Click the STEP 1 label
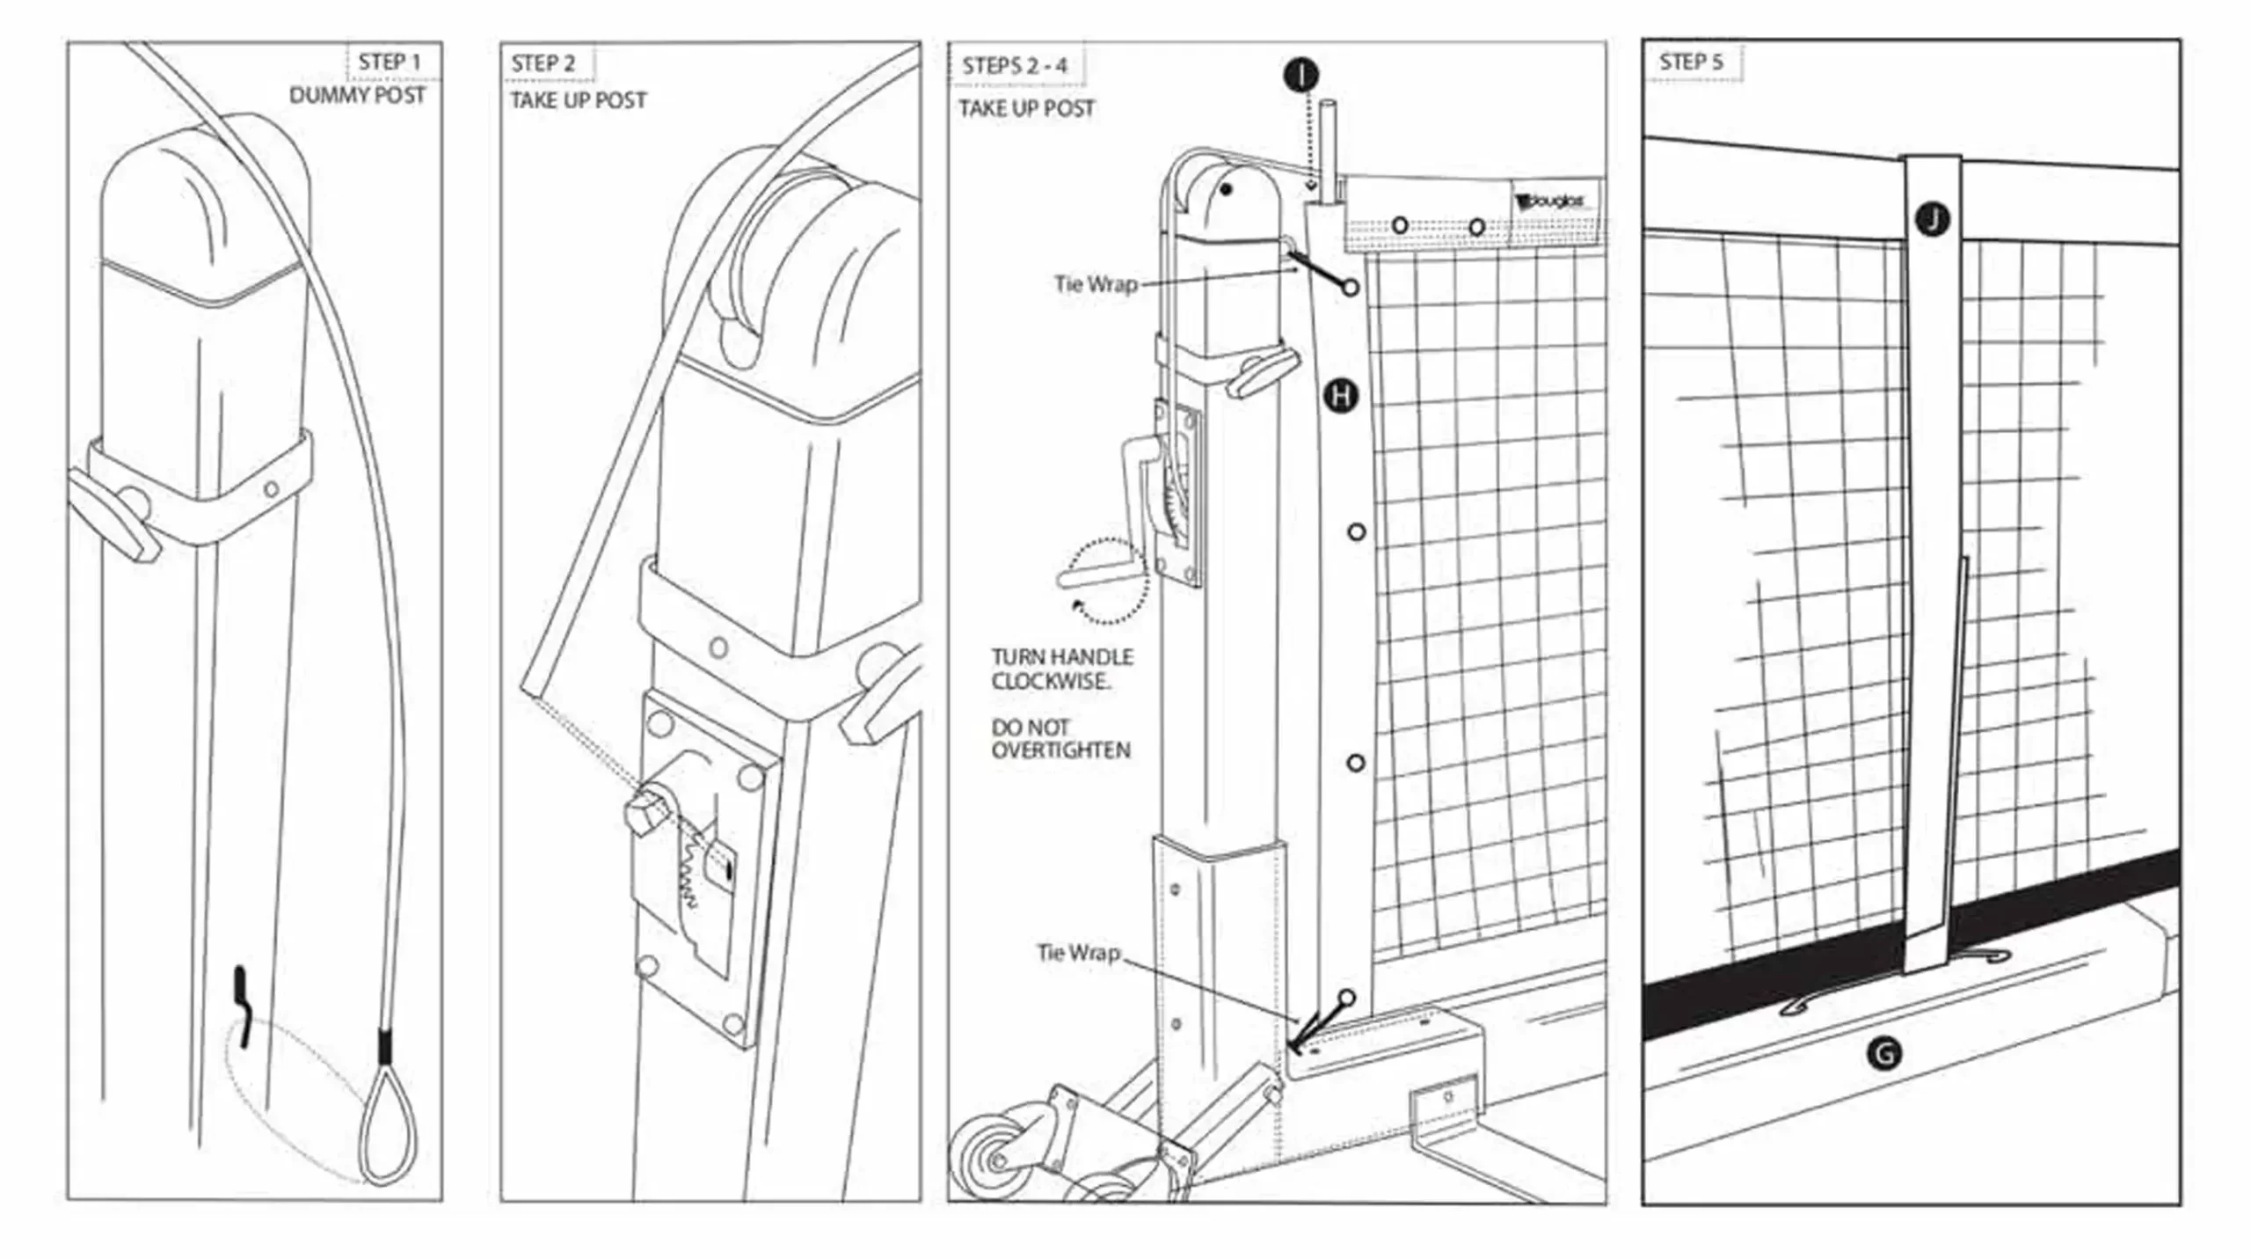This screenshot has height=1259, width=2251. tap(389, 62)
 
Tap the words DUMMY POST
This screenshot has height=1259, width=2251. tap(357, 96)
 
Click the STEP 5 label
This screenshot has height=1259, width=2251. tap(1690, 62)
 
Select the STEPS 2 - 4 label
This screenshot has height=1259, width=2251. tap(1014, 66)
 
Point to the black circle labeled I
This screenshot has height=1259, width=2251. tap(1300, 75)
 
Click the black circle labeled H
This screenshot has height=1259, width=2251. tap(1341, 396)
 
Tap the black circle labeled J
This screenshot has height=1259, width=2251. tap(1932, 220)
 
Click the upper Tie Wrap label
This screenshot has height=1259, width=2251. tap(1096, 284)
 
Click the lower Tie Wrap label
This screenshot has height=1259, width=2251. tap(1078, 953)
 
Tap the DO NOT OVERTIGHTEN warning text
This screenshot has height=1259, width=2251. tap(1060, 739)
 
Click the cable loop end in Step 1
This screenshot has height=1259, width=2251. tap(385, 1126)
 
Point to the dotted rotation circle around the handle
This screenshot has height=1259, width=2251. tap(1106, 582)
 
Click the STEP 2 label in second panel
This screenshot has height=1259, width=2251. tap(543, 64)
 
